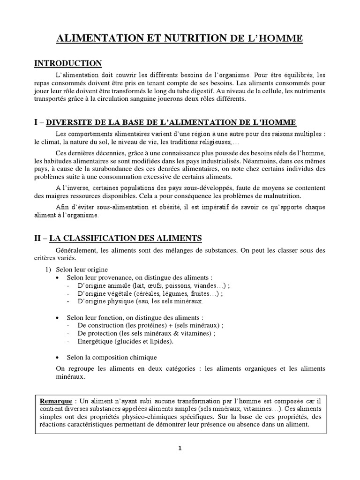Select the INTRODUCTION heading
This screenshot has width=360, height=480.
(x=68, y=63)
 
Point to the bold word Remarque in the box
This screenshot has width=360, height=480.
(x=56, y=402)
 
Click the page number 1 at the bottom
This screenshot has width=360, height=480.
(x=180, y=448)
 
